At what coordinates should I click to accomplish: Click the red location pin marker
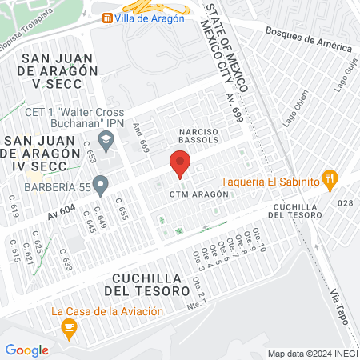coord(180,165)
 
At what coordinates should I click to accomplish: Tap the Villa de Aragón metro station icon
coord(106,18)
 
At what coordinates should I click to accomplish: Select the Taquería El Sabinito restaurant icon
coord(328,179)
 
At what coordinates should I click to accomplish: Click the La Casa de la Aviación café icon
coord(69,326)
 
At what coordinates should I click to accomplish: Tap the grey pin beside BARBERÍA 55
coord(100,186)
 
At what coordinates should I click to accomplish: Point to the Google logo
coord(27,350)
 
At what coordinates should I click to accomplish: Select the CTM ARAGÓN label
coord(194,194)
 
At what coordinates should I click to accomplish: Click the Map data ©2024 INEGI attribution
coord(312,353)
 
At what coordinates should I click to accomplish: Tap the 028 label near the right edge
coord(345,202)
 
